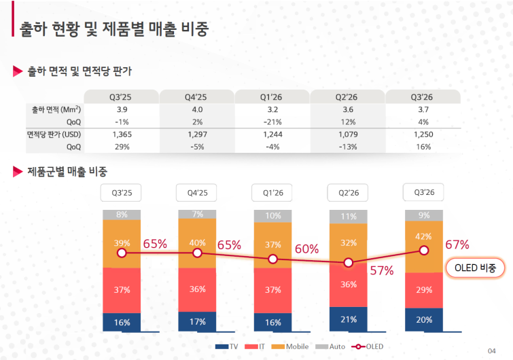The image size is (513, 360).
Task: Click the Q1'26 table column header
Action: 272,96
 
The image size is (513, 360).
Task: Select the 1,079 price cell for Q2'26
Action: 348,134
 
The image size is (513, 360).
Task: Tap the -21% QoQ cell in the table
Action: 272,122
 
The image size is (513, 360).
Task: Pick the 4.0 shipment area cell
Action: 197,109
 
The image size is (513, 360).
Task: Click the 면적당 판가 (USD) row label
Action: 54,134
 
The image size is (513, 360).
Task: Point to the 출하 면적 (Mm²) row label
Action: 56,109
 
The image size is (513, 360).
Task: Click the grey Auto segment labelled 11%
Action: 349,217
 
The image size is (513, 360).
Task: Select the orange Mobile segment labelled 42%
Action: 424,247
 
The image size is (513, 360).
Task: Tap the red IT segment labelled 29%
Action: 424,290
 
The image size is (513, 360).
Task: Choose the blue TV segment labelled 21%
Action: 349,319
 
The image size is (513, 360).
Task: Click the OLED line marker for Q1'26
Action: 273,259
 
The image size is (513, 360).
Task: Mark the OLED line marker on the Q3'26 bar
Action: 424,251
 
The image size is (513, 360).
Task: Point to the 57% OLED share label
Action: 382,271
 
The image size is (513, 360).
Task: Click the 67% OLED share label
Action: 457,245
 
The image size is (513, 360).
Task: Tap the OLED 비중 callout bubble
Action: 476,268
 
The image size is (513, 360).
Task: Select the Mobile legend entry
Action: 290,346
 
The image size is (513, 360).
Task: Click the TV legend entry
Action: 226,346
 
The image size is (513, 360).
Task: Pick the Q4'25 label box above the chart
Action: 196,193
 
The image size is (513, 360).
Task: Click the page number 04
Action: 491,351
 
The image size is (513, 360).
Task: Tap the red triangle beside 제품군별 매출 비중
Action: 18,171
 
